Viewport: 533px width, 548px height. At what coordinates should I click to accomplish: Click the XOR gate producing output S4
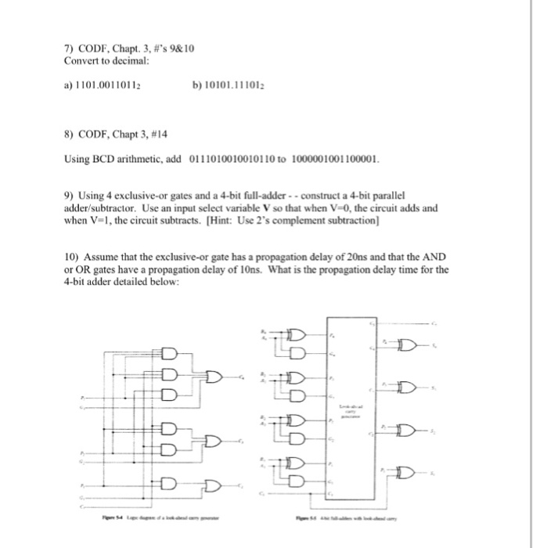click(x=405, y=344)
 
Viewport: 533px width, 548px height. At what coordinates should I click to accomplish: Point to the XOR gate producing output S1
click(x=405, y=471)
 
